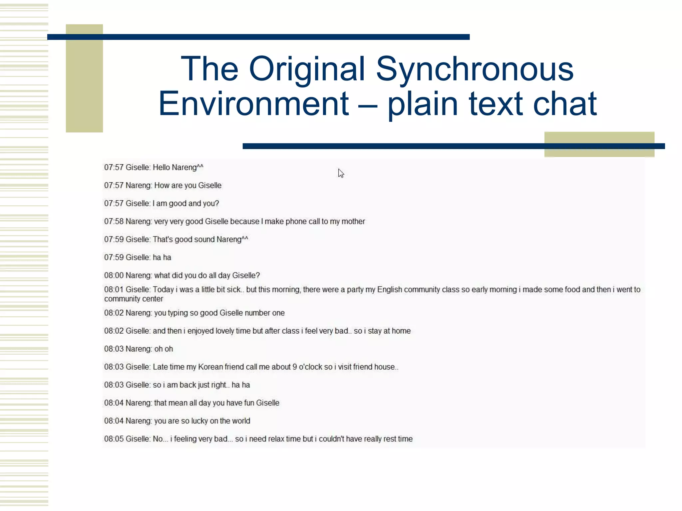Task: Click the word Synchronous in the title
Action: [475, 69]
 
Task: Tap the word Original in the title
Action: [307, 69]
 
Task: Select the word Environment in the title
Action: [253, 104]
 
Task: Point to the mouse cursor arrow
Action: [340, 173]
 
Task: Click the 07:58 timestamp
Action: [114, 222]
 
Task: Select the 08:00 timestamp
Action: [114, 275]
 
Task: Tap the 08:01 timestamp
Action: [114, 290]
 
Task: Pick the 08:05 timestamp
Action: [114, 439]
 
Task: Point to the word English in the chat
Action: [389, 290]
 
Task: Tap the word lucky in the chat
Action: [199, 421]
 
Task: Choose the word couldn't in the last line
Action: [331, 439]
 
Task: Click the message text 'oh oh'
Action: [164, 349]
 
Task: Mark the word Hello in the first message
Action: [161, 168]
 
